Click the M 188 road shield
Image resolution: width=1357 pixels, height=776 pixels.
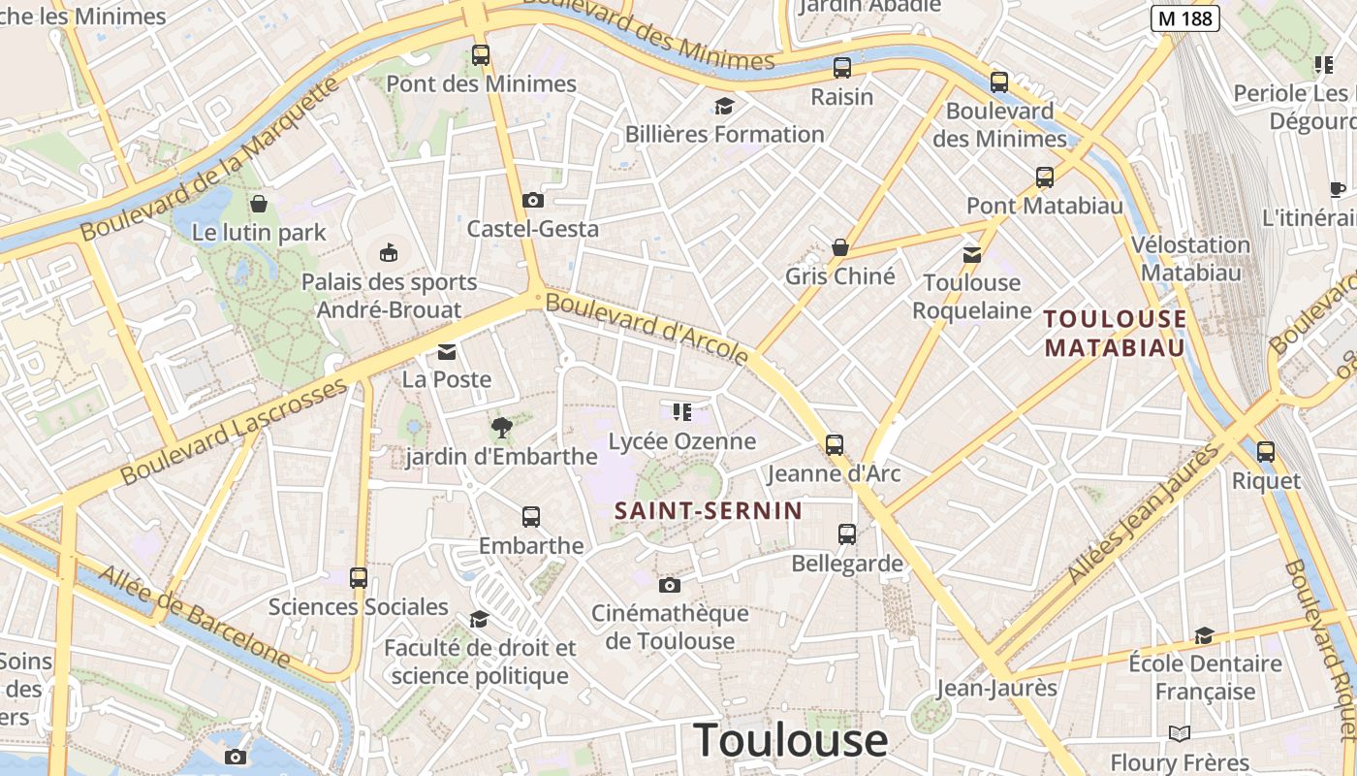(1184, 17)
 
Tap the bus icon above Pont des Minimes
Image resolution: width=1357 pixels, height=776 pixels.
(481, 55)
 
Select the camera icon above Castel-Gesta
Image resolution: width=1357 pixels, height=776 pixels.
(532, 201)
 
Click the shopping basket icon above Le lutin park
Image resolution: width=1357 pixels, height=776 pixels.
(259, 204)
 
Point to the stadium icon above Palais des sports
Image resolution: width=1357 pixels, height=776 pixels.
(389, 253)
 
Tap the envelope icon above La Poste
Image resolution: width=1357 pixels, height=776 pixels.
(447, 351)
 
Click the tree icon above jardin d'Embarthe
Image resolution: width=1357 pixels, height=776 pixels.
(502, 427)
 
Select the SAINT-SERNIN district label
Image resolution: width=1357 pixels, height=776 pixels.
(709, 510)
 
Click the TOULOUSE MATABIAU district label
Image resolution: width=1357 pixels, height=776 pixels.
(1115, 333)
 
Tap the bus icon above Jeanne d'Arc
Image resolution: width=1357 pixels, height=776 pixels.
(835, 445)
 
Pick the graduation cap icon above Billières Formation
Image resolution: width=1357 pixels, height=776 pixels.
(724, 106)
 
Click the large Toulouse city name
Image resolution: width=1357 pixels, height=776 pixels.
(791, 740)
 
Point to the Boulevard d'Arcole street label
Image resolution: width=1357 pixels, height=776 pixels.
(647, 329)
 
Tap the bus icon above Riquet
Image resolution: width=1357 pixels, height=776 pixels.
(1266, 451)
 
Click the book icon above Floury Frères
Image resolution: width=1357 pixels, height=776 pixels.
(1180, 733)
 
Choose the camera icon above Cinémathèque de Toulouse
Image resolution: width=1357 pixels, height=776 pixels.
(669, 585)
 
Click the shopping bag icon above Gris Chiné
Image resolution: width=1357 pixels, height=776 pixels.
(840, 247)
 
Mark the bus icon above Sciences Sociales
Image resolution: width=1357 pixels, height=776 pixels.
(359, 578)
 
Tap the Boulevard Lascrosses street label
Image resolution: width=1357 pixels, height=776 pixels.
(234, 432)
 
